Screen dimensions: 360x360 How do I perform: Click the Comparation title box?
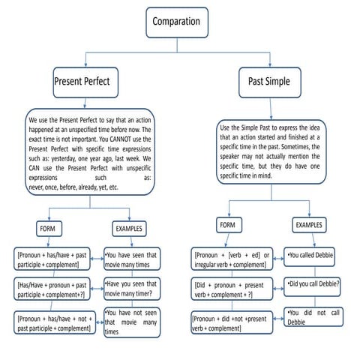(x=176, y=22)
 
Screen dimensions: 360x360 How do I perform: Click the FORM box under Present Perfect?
(x=46, y=226)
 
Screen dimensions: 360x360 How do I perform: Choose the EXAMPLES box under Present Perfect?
(x=130, y=226)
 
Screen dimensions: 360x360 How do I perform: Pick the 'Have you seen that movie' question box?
(x=131, y=289)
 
